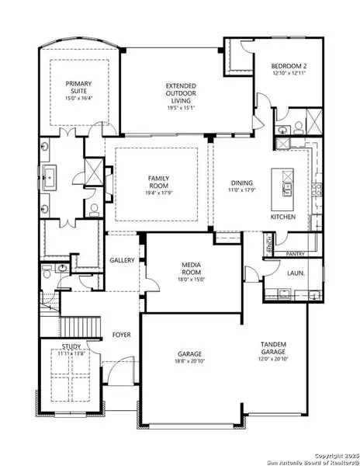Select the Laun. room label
pos(295,273)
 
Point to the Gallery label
pos(122,260)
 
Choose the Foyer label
pos(120,335)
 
